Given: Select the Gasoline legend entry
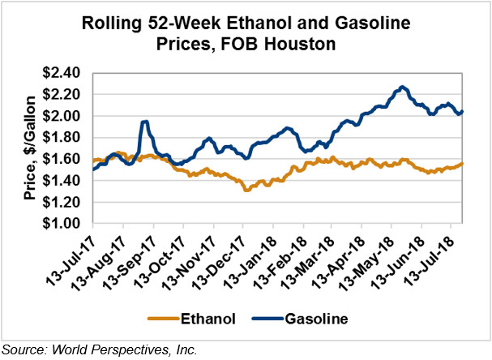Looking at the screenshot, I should [317, 319].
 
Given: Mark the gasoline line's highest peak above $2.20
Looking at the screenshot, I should [403, 86].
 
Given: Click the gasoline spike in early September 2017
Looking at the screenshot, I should [144, 122].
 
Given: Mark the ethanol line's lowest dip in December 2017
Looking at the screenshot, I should [246, 190].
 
